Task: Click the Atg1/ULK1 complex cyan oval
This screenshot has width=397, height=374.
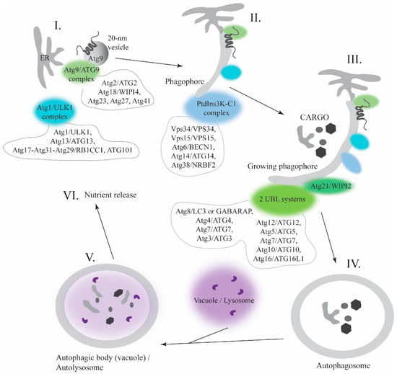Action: click(x=55, y=112)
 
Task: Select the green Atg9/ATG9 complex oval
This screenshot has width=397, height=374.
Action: click(x=82, y=74)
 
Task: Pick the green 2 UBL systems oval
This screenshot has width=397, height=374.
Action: click(x=282, y=200)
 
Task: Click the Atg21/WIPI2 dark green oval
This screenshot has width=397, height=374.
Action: click(x=331, y=186)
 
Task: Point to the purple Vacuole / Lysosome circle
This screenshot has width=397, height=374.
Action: click(x=224, y=293)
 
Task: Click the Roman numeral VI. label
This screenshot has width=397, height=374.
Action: click(x=71, y=195)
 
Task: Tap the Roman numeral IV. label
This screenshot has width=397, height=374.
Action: click(x=353, y=264)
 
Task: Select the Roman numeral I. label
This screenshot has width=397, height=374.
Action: click(x=58, y=25)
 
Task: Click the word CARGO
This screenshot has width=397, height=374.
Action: click(x=314, y=117)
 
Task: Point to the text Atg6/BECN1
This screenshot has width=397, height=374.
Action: click(x=193, y=147)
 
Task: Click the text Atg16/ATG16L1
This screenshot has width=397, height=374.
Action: click(x=279, y=259)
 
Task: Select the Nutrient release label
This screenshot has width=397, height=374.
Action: click(x=110, y=195)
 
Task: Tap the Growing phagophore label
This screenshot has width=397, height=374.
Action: click(x=282, y=166)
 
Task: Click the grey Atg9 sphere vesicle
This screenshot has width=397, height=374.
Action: click(x=96, y=53)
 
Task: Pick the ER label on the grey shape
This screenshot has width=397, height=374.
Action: click(x=45, y=58)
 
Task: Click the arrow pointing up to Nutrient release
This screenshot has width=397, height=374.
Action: click(x=105, y=232)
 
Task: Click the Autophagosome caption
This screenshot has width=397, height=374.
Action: click(x=343, y=365)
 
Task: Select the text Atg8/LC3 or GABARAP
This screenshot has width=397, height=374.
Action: click(x=214, y=211)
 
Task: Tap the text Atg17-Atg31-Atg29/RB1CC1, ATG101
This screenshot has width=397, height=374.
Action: click(x=72, y=150)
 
